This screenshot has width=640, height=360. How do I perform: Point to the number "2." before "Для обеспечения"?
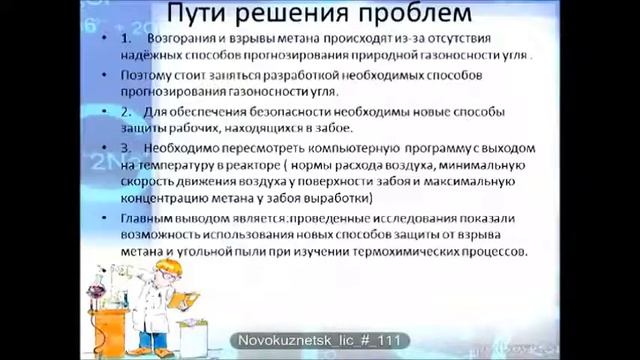coord(125,111)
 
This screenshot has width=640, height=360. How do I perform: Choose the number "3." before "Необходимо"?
coord(125,145)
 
